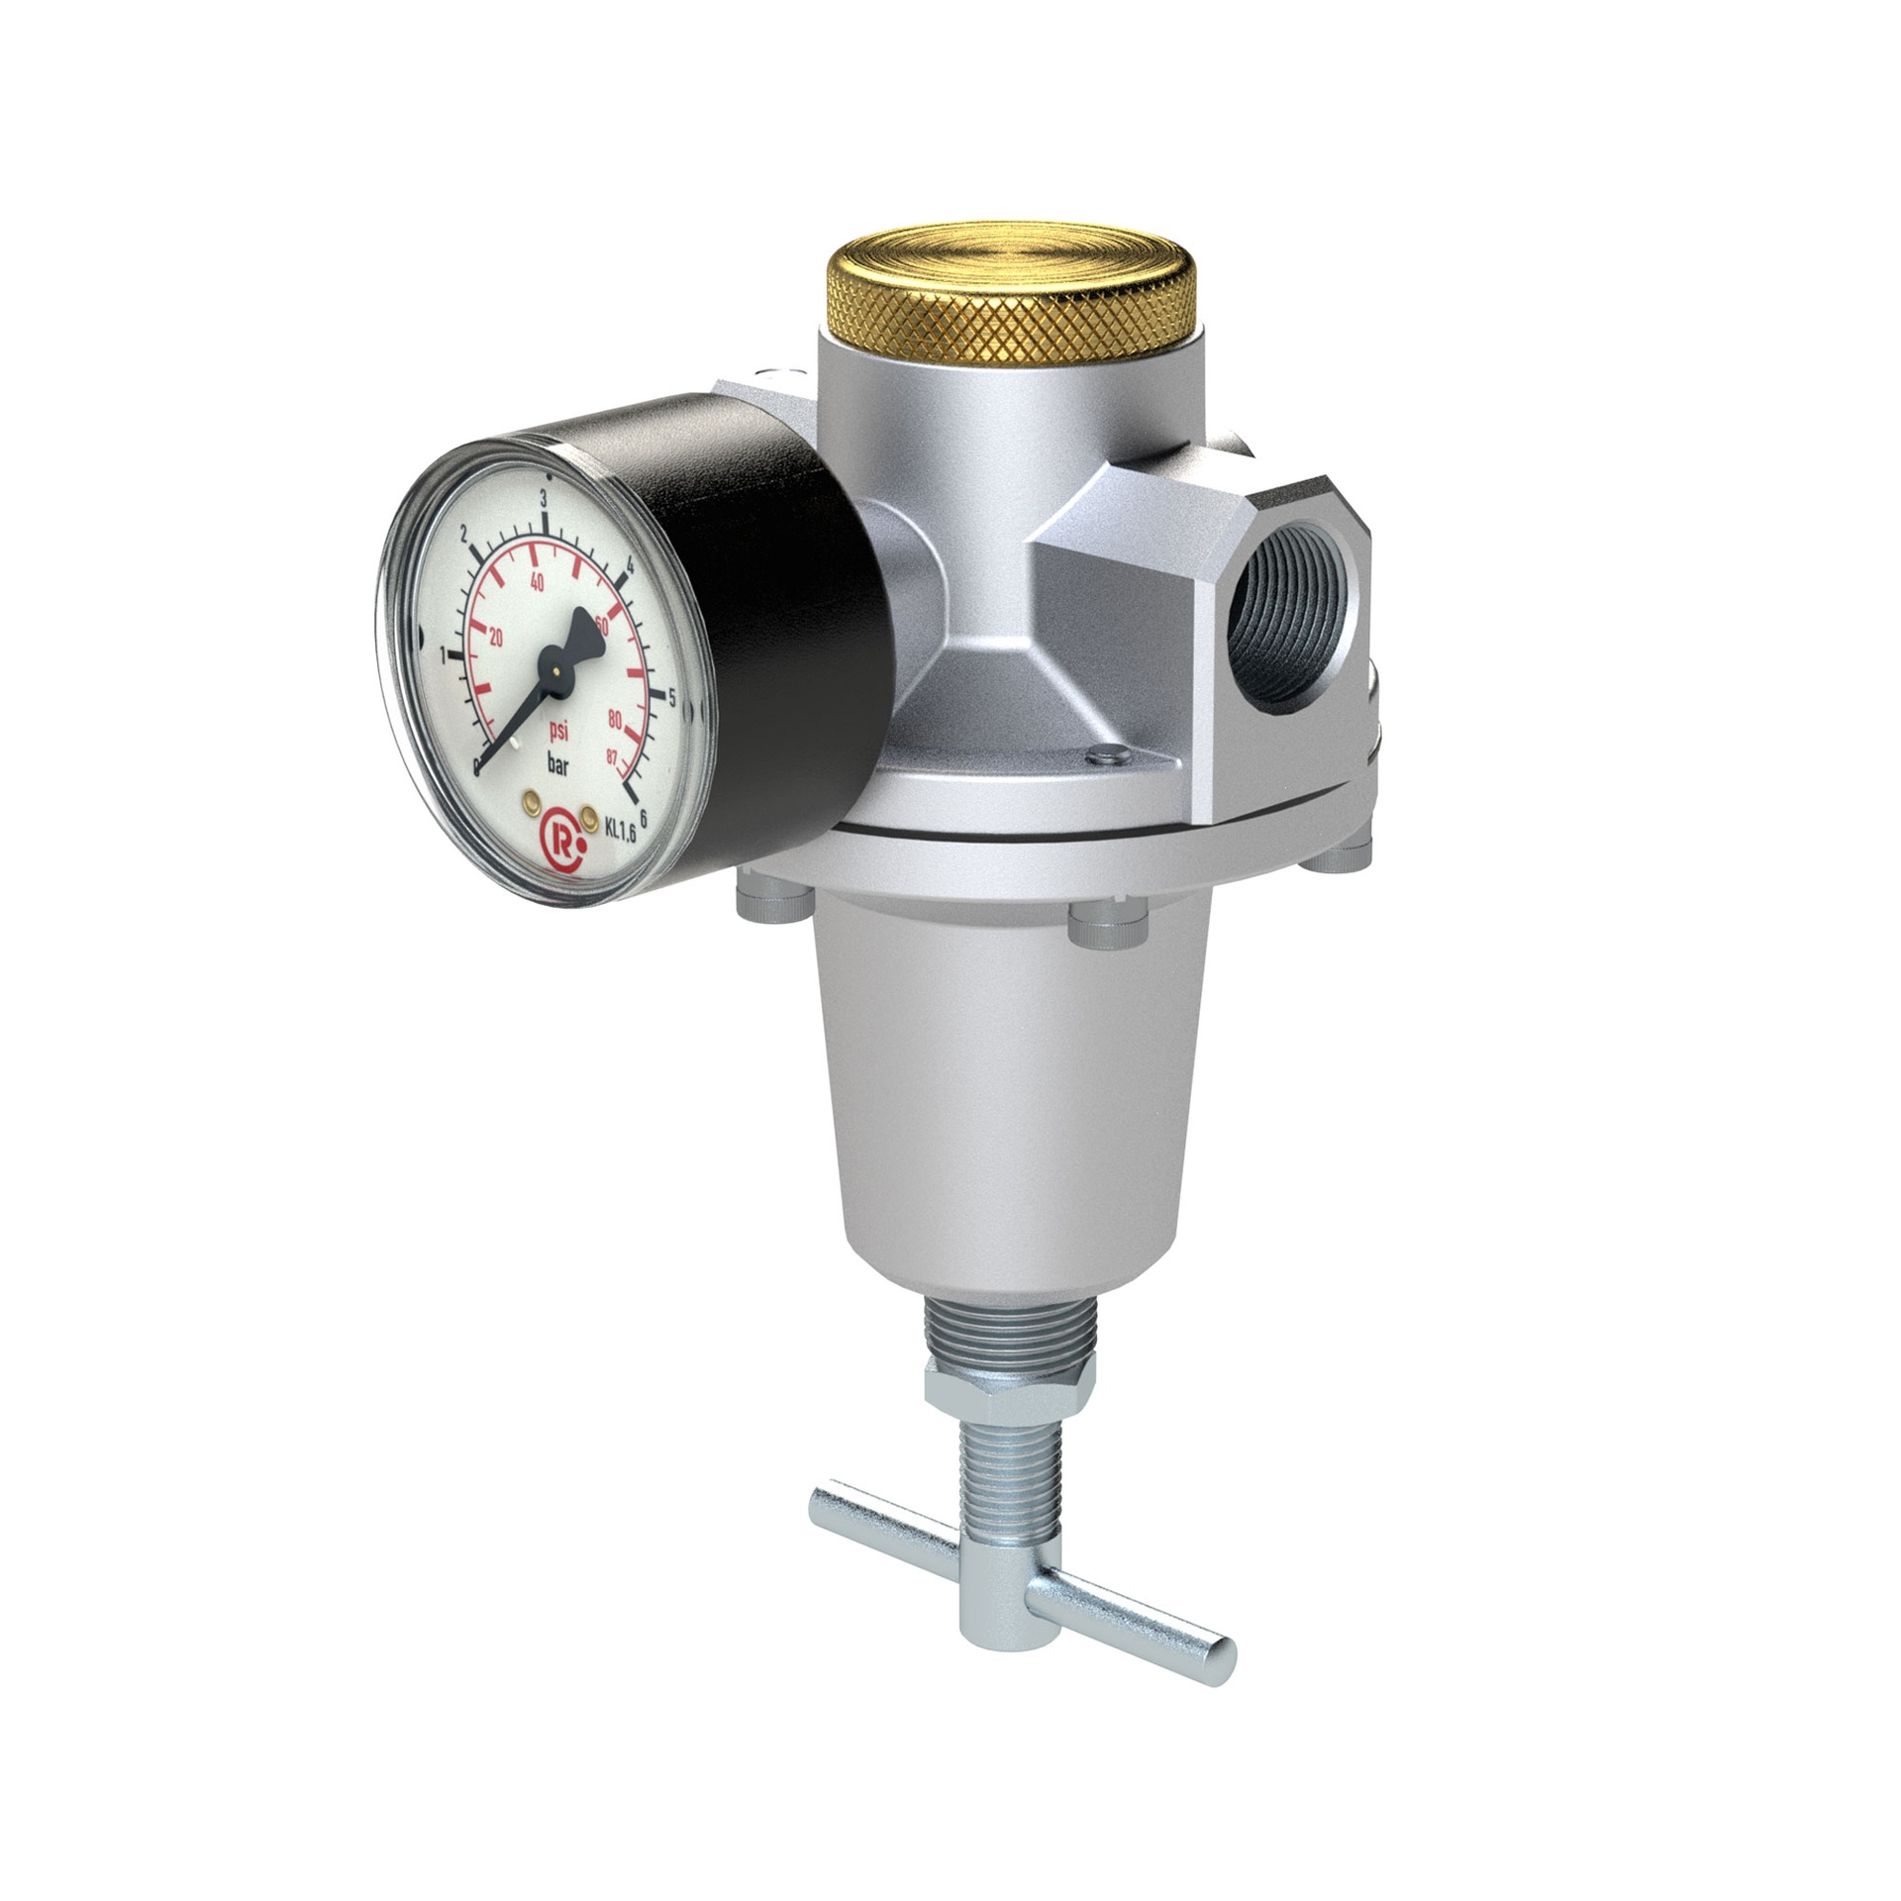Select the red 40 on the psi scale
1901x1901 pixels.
538,583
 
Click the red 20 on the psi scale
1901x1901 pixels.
496,638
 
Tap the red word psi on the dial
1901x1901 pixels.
559,734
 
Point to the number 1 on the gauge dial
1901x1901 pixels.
443,653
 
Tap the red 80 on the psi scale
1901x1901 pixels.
614,719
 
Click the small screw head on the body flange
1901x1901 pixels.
1106,754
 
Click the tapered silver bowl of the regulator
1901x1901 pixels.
1005,1089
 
